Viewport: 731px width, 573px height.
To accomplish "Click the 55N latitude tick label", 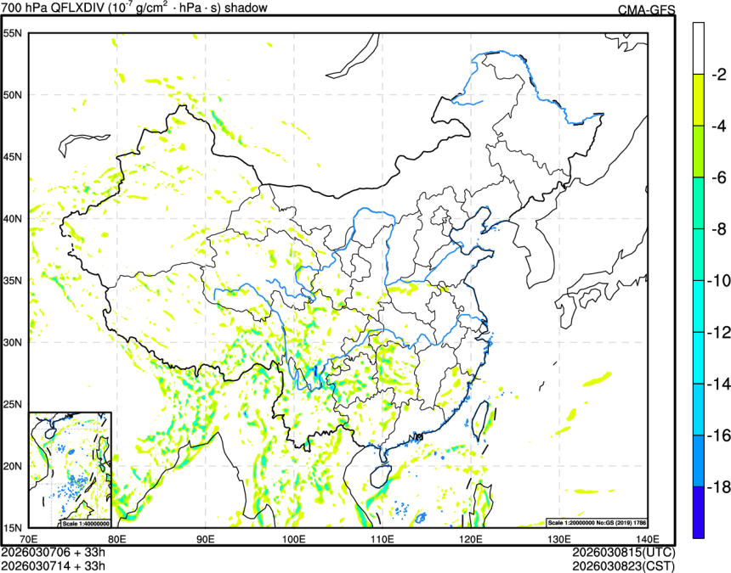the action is (12, 33).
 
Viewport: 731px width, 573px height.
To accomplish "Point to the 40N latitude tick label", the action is (12, 218).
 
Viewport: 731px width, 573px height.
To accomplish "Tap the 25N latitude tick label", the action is (12, 404).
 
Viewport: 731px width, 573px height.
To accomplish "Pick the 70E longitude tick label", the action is (29, 538).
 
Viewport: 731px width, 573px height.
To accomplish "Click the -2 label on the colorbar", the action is (718, 74).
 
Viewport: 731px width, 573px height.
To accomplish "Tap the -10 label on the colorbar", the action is (718, 281).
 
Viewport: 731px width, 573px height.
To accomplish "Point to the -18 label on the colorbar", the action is (718, 487).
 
